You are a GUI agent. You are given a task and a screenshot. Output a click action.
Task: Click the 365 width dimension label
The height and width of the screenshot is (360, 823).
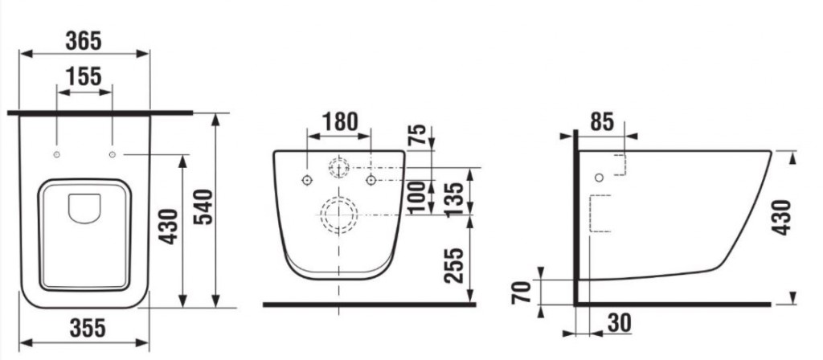pyautogui.click(x=84, y=39)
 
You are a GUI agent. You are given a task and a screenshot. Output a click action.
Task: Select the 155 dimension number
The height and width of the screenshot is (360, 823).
pyautogui.click(x=84, y=76)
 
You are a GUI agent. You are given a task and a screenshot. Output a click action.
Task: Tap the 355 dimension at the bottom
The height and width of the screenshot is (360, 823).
pyautogui.click(x=84, y=329)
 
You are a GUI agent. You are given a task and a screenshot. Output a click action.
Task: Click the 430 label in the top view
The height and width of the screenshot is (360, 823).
pyautogui.click(x=169, y=228)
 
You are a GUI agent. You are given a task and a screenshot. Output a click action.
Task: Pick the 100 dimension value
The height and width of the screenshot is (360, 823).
pyautogui.click(x=416, y=198)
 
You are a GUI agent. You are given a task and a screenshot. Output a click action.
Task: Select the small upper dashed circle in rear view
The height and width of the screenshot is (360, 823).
pyautogui.click(x=338, y=168)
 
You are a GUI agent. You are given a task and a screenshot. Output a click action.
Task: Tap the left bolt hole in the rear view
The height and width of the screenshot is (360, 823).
pyautogui.click(x=307, y=178)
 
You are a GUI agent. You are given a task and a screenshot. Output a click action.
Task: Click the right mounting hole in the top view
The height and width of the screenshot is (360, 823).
pyautogui.click(x=113, y=153)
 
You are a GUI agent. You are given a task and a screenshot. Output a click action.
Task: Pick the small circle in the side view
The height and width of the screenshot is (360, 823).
pyautogui.click(x=598, y=177)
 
